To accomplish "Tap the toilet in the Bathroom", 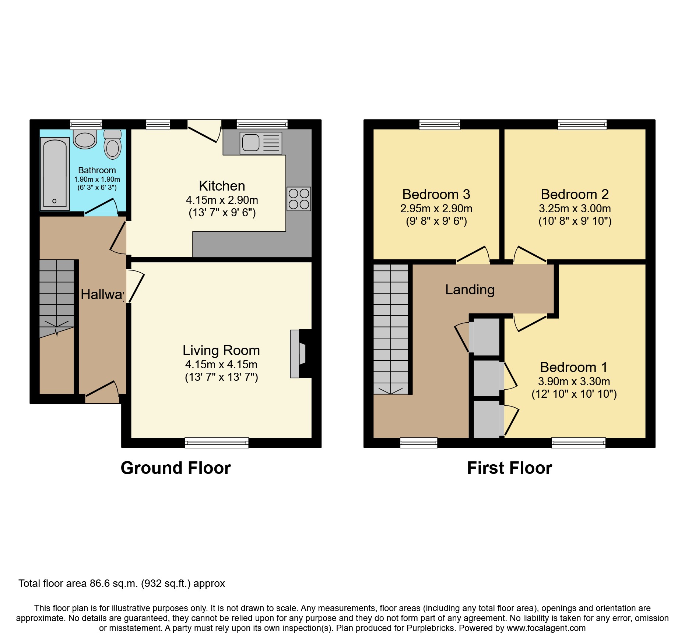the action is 113,145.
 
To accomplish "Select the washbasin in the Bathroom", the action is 85,139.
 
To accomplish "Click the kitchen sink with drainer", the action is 261,143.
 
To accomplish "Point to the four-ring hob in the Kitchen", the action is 299,199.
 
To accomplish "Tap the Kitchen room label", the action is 222,186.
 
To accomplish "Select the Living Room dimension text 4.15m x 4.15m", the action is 221,365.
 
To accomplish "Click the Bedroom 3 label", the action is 436,194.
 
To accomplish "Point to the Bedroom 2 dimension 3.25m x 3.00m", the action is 575,209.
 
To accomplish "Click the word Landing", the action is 470,290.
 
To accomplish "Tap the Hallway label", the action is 102,294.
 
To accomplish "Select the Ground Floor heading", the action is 176,468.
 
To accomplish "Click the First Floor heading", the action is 509,468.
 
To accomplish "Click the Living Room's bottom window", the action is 217,443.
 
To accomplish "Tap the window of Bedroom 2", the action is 582,125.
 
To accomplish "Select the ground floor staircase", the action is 57,294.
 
